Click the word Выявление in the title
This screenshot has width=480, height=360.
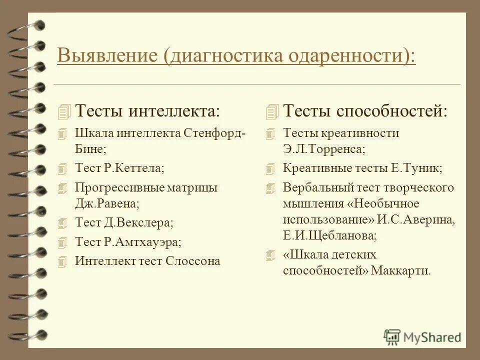point(107,55)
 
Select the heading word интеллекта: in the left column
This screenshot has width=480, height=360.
point(174,111)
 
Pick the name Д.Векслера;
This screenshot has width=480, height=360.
point(138,223)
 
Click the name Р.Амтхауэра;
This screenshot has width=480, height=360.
point(142,242)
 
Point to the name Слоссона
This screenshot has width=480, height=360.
point(192,261)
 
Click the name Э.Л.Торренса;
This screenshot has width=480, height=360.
point(324,148)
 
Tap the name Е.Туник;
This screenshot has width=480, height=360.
point(417,168)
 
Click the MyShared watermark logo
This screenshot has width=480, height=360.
point(422,336)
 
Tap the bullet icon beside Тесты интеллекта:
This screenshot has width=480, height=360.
point(64,111)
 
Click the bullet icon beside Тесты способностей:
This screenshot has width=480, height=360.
point(272,111)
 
